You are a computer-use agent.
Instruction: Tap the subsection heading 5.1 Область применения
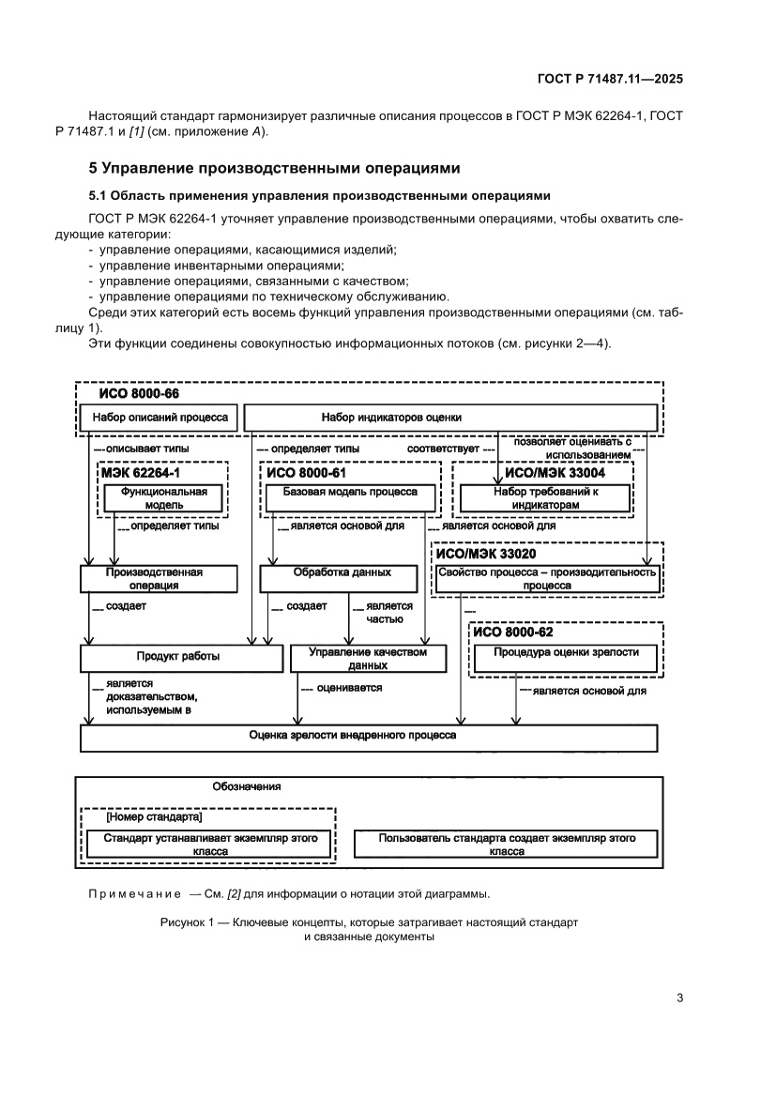click(x=318, y=195)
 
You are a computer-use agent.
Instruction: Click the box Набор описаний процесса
click(x=160, y=418)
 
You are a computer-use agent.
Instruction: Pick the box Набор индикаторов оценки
click(x=450, y=418)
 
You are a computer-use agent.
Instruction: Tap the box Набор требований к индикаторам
click(x=546, y=497)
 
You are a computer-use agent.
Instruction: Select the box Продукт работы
click(x=182, y=657)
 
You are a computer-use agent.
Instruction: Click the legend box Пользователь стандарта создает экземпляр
click(x=507, y=844)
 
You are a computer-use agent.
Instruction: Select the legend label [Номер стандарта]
click(x=147, y=817)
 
